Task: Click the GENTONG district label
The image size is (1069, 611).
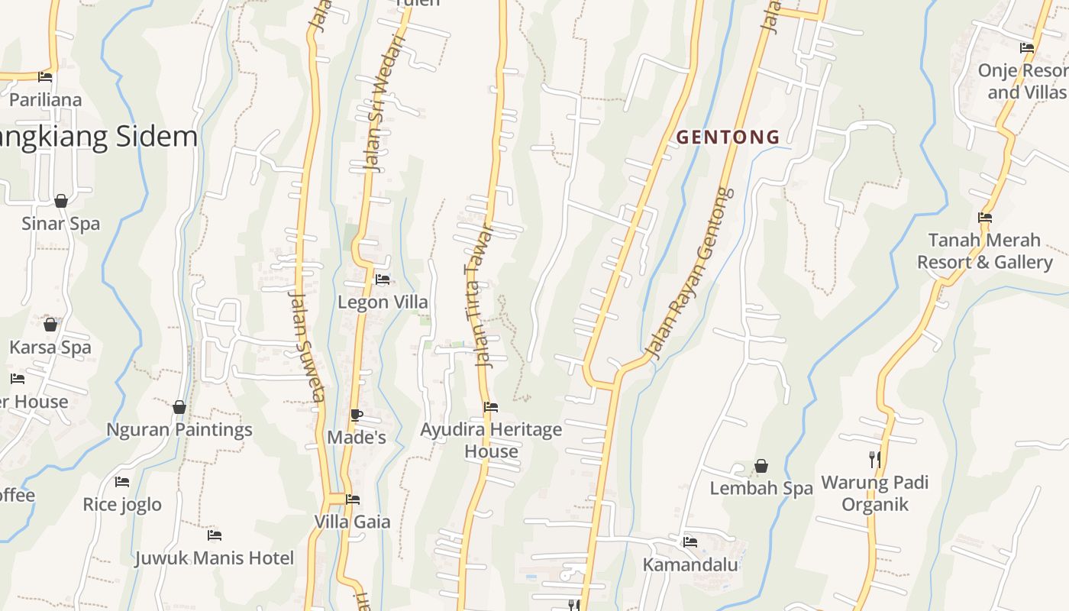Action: (x=728, y=137)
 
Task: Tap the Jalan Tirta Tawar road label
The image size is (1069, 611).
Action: (x=480, y=296)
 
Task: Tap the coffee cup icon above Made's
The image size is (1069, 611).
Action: (x=356, y=415)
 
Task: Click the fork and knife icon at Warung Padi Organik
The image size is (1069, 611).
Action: (x=875, y=459)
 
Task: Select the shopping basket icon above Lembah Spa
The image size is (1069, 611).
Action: (x=761, y=465)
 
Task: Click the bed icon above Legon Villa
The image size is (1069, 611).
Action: (x=383, y=280)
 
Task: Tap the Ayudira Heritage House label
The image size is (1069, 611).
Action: (x=491, y=440)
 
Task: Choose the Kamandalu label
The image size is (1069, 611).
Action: (x=690, y=564)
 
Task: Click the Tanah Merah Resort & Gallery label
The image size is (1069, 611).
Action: (x=984, y=251)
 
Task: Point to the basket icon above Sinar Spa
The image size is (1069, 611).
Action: (x=61, y=201)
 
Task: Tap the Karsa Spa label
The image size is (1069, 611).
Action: (x=50, y=348)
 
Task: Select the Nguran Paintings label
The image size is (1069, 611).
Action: (x=179, y=429)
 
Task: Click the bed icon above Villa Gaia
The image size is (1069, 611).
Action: (x=353, y=499)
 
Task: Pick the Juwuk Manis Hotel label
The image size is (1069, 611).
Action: (x=215, y=558)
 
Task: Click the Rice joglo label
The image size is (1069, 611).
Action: (x=122, y=504)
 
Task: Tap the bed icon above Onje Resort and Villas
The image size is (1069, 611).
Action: (x=1027, y=47)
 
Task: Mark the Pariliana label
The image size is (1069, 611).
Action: (x=45, y=100)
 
